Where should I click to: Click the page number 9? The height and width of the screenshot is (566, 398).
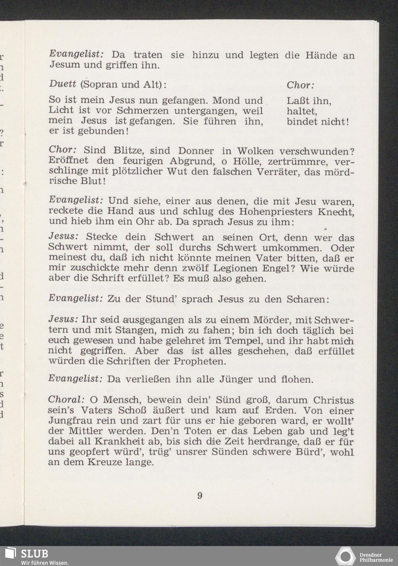point(200,495)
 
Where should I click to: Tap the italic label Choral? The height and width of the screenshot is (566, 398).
point(66,399)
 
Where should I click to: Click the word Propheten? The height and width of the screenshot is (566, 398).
point(200,362)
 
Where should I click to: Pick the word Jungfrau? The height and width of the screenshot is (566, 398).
point(66,421)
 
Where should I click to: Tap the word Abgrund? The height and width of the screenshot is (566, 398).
point(191,161)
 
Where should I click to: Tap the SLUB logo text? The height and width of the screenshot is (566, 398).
point(34,554)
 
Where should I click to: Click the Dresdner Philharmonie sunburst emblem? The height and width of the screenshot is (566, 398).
point(345,556)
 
